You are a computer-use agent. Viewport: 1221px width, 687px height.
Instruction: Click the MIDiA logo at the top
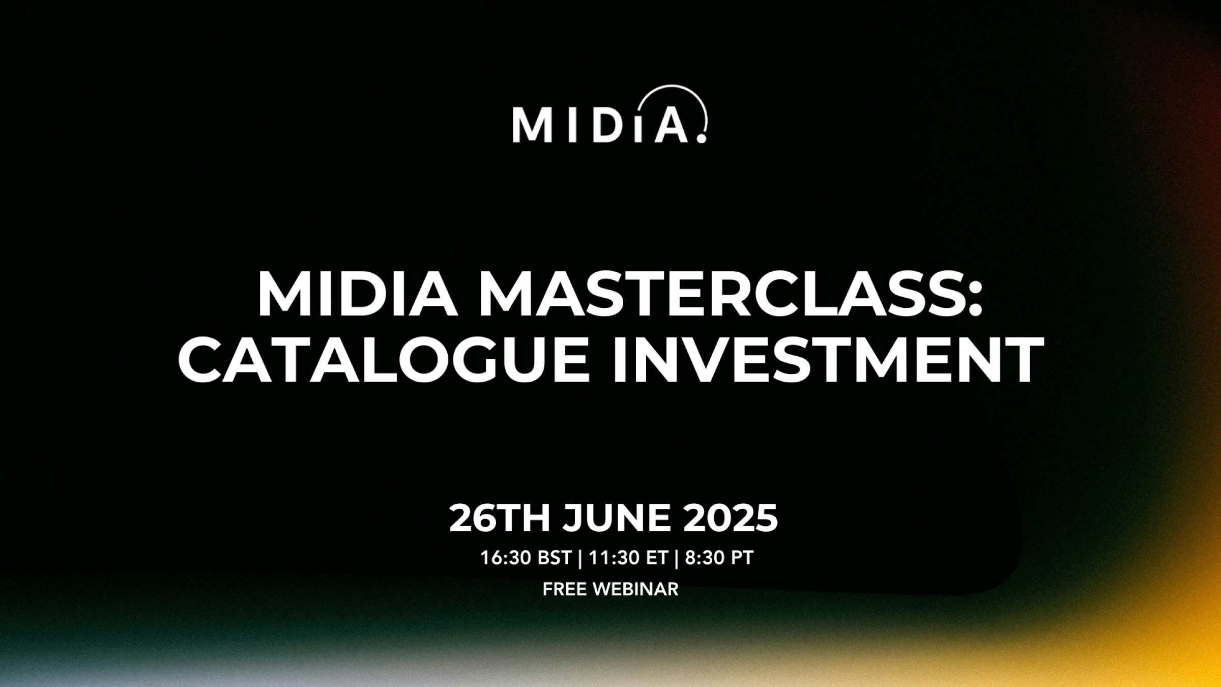(x=610, y=114)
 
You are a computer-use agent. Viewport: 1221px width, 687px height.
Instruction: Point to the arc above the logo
(x=677, y=88)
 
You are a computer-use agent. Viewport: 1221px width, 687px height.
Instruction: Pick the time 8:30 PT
(x=719, y=558)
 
